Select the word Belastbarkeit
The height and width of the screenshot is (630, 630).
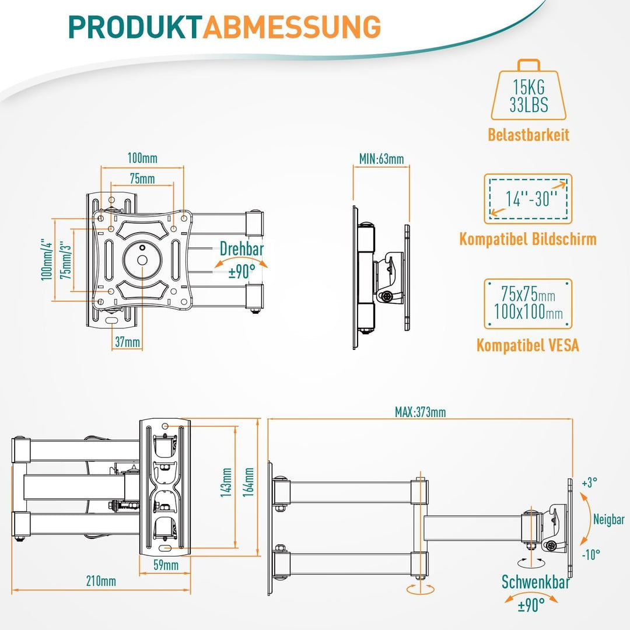pyautogui.click(x=528, y=135)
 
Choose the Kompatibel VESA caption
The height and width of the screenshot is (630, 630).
pyautogui.click(x=528, y=345)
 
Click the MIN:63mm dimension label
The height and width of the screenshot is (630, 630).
pyautogui.click(x=381, y=159)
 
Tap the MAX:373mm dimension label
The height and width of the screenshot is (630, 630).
pyautogui.click(x=420, y=412)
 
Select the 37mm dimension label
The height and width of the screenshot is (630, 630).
pyautogui.click(x=127, y=343)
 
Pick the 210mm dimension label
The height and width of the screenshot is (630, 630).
pyautogui.click(x=101, y=581)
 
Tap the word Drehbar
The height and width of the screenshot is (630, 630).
pyautogui.click(x=242, y=250)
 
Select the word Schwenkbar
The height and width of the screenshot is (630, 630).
pyautogui.click(x=535, y=582)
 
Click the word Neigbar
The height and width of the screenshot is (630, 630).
pyautogui.click(x=609, y=519)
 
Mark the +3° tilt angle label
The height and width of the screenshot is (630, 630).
pyautogui.click(x=590, y=483)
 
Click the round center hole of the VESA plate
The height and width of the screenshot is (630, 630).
pyautogui.click(x=142, y=260)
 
